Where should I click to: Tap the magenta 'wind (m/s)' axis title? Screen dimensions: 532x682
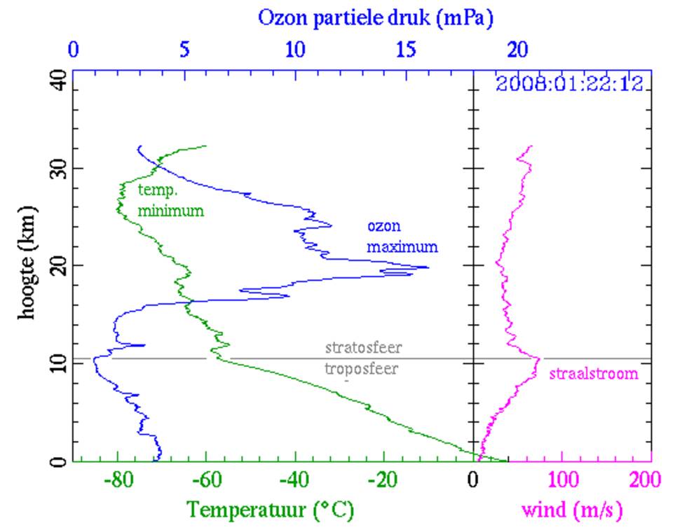point(571,510)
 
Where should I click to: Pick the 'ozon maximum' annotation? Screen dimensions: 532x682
point(402,237)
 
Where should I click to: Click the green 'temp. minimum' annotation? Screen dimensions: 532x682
point(170,200)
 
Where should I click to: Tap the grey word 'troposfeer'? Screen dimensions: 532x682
point(362,369)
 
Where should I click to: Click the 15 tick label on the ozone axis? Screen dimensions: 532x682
point(407,50)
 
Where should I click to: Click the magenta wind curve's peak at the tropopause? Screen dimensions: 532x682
point(539,359)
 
